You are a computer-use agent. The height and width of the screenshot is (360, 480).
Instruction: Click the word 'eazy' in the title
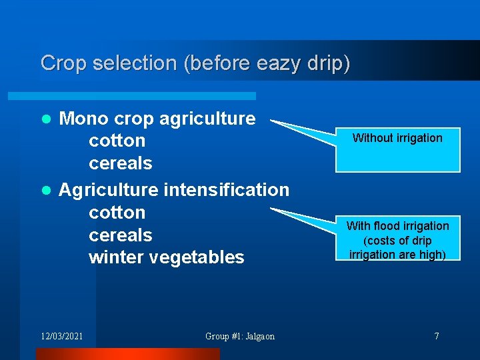273,63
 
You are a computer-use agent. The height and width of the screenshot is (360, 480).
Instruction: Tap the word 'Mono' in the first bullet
84,119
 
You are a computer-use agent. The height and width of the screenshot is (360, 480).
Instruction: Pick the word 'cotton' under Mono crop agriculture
117,141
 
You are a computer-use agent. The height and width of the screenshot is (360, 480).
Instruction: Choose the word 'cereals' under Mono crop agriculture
120,163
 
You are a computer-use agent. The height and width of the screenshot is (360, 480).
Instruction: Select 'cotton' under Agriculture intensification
117,213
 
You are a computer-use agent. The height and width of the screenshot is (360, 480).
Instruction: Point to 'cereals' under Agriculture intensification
120,235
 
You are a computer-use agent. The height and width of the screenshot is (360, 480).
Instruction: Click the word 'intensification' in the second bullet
226,190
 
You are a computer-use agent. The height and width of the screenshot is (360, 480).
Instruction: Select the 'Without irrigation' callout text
397,138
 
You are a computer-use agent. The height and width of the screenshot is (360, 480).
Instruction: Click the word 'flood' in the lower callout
387,226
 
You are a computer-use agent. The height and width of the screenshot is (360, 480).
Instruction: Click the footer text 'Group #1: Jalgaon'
239,336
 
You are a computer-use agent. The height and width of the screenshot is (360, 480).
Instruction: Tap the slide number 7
437,336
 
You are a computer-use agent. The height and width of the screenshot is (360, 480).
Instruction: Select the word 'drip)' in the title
327,63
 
